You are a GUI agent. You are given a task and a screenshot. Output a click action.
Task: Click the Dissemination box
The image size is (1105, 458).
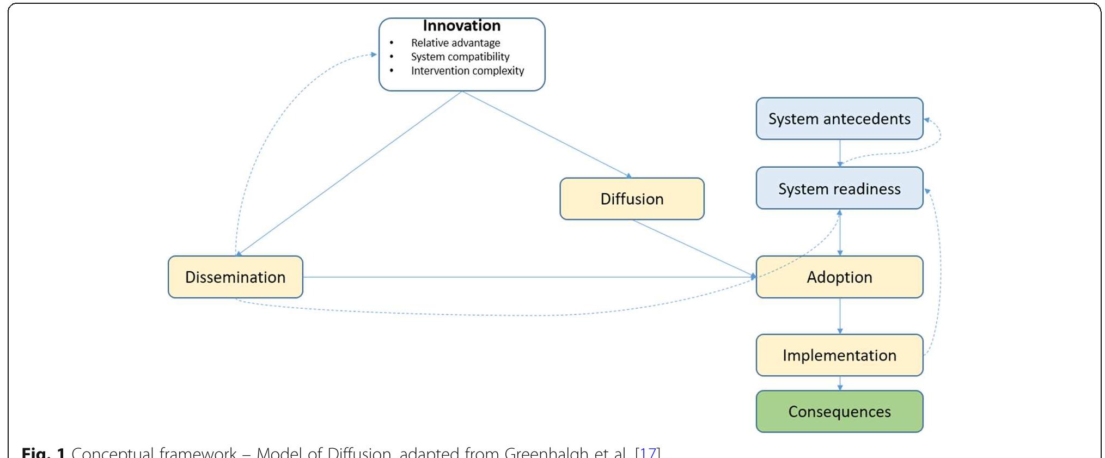coord(235,277)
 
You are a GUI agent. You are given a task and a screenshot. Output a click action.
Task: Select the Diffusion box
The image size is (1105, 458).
coord(632,199)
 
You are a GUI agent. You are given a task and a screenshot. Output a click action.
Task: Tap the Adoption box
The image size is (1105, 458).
coord(839,277)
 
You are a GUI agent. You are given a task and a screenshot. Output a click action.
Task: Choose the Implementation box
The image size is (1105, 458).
coord(839,355)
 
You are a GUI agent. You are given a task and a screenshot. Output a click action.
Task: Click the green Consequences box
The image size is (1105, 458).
coord(839,412)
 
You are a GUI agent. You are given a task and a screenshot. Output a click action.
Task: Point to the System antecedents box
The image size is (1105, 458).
coord(839,119)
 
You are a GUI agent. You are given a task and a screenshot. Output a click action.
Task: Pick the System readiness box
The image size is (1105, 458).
coord(839,188)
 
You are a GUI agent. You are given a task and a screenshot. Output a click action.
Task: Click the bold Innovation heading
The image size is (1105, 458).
coord(462,26)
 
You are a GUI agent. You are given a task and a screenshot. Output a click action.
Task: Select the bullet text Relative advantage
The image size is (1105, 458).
coord(455,43)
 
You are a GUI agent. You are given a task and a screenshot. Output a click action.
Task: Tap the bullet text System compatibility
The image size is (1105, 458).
coord(460,57)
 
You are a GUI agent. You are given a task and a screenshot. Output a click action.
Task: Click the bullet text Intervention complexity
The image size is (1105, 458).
coord(467,71)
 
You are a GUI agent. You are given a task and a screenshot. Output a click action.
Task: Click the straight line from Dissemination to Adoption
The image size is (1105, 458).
coord(528,277)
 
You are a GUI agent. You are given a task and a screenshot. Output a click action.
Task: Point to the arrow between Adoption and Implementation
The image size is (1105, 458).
coord(840,316)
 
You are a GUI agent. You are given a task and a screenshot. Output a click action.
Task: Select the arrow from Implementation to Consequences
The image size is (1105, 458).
coord(840,383)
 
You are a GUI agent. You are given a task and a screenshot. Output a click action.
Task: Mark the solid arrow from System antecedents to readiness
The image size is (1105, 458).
coord(840,153)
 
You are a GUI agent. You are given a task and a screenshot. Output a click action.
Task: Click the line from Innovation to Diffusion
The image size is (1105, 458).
coord(546,134)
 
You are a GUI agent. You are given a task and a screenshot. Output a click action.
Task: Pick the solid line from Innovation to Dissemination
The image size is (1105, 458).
coord(350,173)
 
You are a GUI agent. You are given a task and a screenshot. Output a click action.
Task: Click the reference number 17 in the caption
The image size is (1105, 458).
coord(648,453)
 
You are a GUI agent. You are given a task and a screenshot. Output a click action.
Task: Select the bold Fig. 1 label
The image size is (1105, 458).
coord(43,453)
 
